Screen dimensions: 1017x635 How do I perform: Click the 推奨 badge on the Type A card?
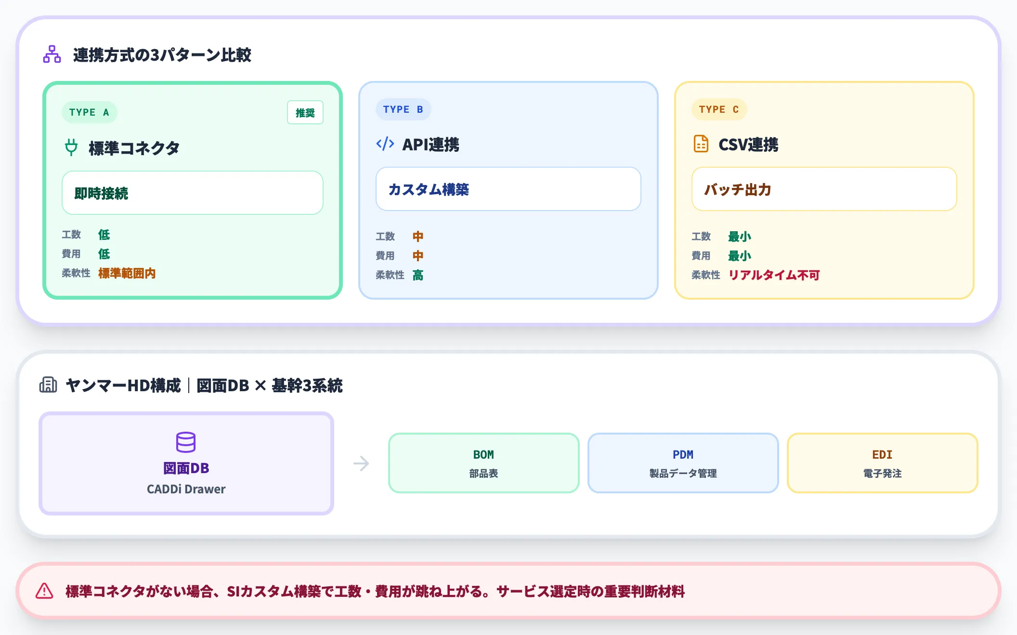(305, 113)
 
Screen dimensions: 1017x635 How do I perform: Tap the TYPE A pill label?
(89, 112)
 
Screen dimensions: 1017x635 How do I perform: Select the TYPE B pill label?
(403, 109)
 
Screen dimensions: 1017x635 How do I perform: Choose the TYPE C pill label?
(719, 109)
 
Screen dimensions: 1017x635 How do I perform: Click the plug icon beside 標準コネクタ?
(71, 147)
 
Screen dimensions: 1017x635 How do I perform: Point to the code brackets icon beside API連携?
(385, 144)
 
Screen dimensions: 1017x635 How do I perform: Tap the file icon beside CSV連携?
(701, 144)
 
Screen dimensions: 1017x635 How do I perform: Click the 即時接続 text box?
(192, 193)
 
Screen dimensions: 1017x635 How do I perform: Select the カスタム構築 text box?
(508, 189)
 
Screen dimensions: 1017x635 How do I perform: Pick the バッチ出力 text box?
(824, 189)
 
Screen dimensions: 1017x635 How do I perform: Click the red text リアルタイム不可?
(774, 275)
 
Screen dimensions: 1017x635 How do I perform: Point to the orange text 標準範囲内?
(127, 273)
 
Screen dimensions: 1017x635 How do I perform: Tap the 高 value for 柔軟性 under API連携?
(418, 275)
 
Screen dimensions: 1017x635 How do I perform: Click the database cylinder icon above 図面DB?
(186, 442)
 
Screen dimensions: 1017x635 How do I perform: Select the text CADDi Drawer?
(186, 489)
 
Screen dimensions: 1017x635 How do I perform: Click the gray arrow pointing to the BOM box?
(361, 463)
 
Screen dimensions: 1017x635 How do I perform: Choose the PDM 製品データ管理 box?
(683, 463)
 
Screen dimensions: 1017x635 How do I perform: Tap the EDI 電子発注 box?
(882, 463)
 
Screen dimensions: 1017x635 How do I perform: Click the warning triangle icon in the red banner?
(44, 591)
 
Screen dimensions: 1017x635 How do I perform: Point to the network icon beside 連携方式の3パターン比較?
(52, 54)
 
